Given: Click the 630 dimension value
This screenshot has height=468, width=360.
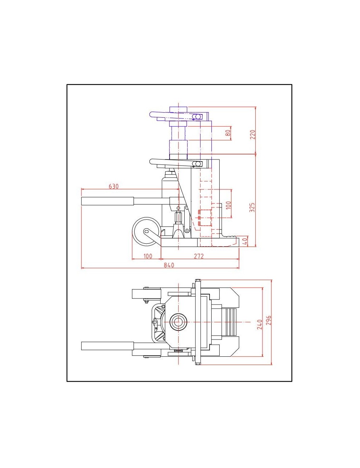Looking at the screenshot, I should point(113,186).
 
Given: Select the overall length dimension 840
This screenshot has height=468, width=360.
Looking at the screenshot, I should point(168,265).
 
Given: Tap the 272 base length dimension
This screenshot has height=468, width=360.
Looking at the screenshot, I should point(199,256).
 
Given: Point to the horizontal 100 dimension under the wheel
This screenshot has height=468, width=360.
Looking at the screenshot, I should point(148,256).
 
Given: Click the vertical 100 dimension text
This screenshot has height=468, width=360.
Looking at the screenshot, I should point(228,205).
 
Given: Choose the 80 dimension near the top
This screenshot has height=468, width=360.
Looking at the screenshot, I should point(228,133).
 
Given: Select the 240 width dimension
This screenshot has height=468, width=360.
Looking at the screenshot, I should point(260,324).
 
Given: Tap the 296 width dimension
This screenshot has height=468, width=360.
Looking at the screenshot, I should point(268,320).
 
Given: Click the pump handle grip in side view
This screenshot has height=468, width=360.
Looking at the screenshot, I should point(108,201).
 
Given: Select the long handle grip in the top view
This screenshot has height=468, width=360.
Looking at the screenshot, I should point(107,346).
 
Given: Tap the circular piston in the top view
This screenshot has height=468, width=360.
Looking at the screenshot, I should point(178,321).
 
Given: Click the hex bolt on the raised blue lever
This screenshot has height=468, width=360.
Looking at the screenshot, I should point(197,117).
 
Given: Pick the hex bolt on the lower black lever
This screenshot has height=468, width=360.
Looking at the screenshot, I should point(197,164).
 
